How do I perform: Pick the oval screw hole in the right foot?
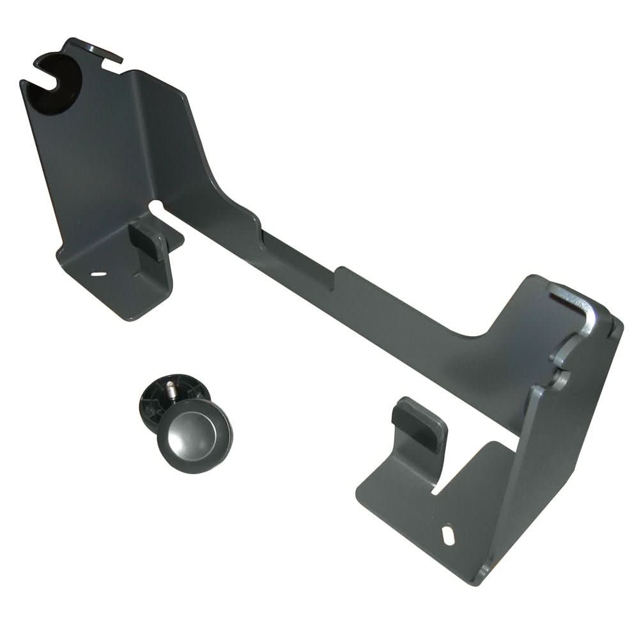point(449,533)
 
